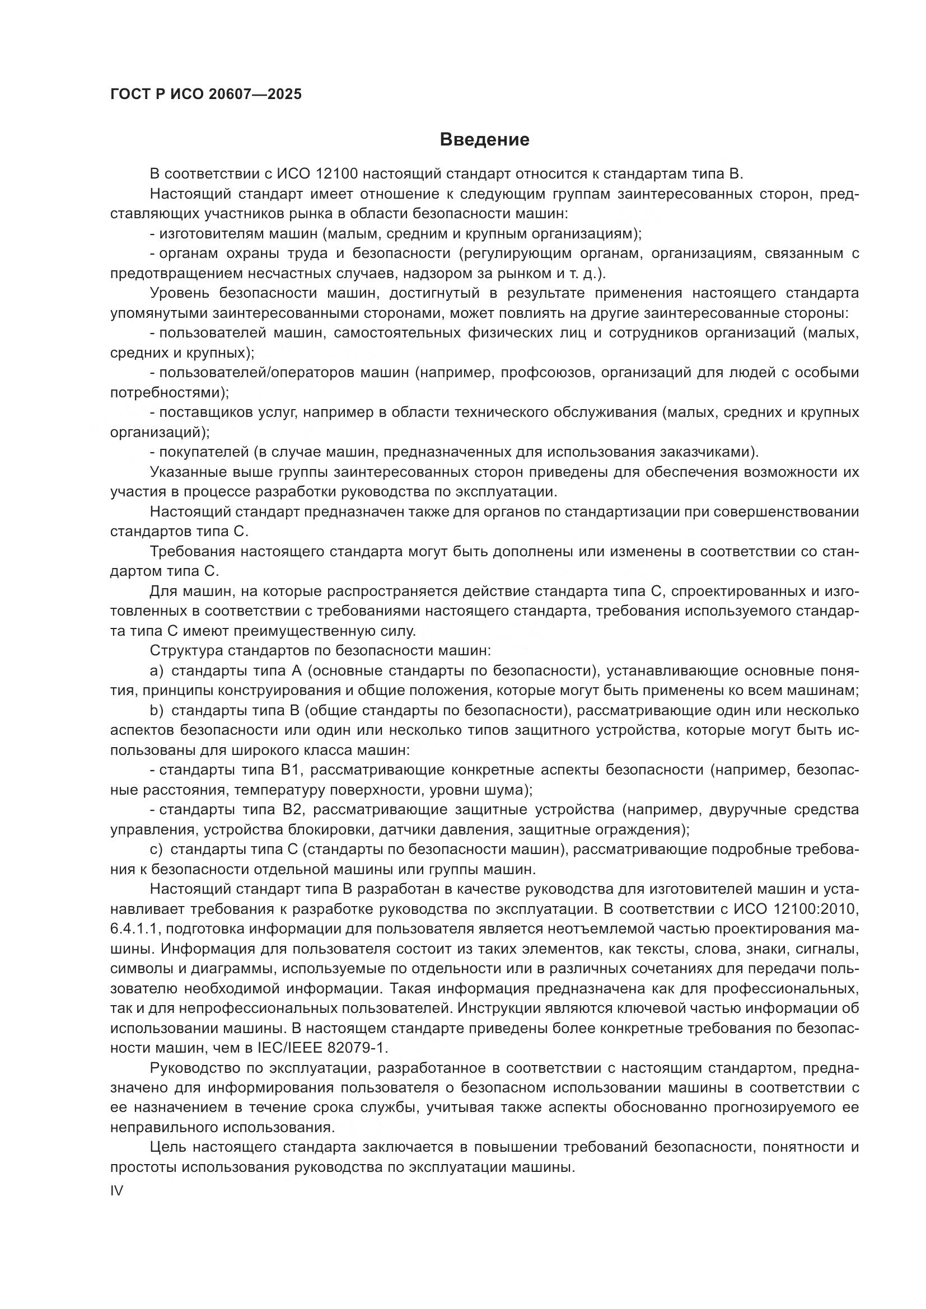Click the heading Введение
[484, 140]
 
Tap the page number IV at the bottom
[116, 1190]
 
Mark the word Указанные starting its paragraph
[188, 472]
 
